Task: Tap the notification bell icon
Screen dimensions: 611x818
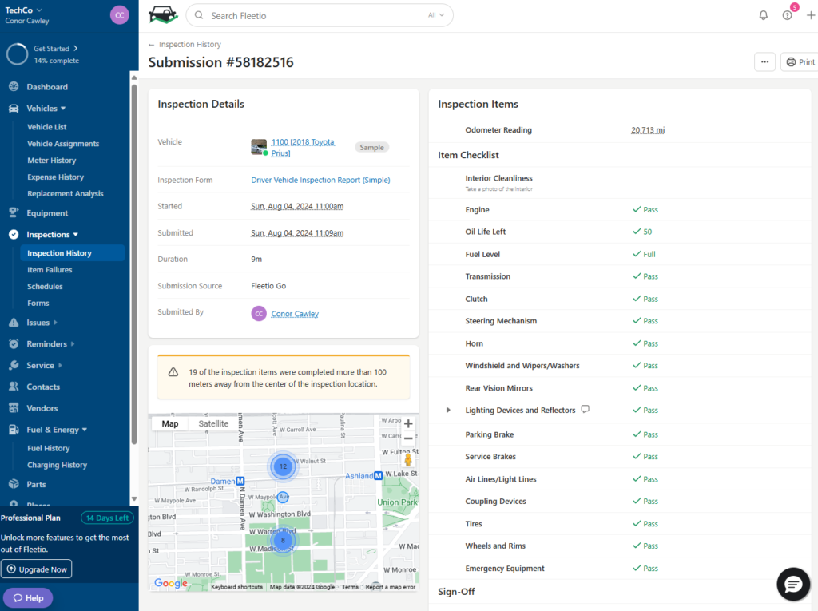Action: click(x=763, y=15)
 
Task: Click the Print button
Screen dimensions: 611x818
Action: click(x=800, y=61)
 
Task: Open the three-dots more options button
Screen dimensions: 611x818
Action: click(x=764, y=61)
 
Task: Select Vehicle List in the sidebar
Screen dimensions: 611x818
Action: click(x=47, y=127)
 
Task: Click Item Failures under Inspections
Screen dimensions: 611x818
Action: click(x=50, y=270)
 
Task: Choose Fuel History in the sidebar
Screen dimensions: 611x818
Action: click(x=49, y=448)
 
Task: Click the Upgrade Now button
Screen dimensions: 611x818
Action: click(x=37, y=569)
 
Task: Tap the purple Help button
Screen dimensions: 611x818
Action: click(x=28, y=597)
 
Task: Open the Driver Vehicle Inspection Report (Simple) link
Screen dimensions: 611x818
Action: click(x=320, y=180)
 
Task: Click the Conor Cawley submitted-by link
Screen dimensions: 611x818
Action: click(x=295, y=314)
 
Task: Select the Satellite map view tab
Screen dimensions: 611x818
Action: click(x=213, y=424)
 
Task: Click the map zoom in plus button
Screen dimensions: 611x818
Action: click(x=408, y=424)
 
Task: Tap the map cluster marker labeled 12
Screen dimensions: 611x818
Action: click(x=283, y=466)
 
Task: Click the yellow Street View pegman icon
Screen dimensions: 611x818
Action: click(x=408, y=460)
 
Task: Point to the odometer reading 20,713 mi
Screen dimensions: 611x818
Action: click(x=647, y=130)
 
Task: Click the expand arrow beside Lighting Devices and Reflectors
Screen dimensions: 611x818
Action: click(x=448, y=411)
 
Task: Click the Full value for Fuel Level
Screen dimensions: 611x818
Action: click(x=649, y=254)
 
